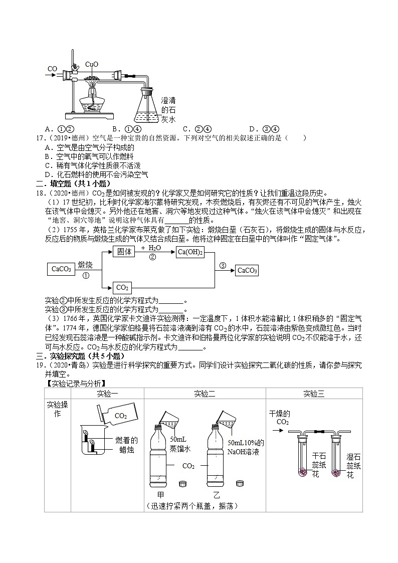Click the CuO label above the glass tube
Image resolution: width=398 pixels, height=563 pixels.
pyautogui.click(x=92, y=64)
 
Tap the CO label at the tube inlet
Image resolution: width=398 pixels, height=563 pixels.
pyautogui.click(x=52, y=69)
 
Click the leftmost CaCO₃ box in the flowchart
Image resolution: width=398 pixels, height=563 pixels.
pyautogui.click(x=61, y=269)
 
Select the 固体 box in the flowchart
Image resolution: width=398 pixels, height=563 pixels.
pyautogui.click(x=124, y=252)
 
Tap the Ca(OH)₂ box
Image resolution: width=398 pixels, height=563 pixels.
pyautogui.click(x=190, y=252)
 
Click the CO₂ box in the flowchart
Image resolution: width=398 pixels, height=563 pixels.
pyautogui.click(x=122, y=288)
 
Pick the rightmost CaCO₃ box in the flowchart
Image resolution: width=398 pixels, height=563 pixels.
pyautogui.click(x=247, y=271)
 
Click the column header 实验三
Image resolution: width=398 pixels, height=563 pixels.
pyautogui.click(x=314, y=394)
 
